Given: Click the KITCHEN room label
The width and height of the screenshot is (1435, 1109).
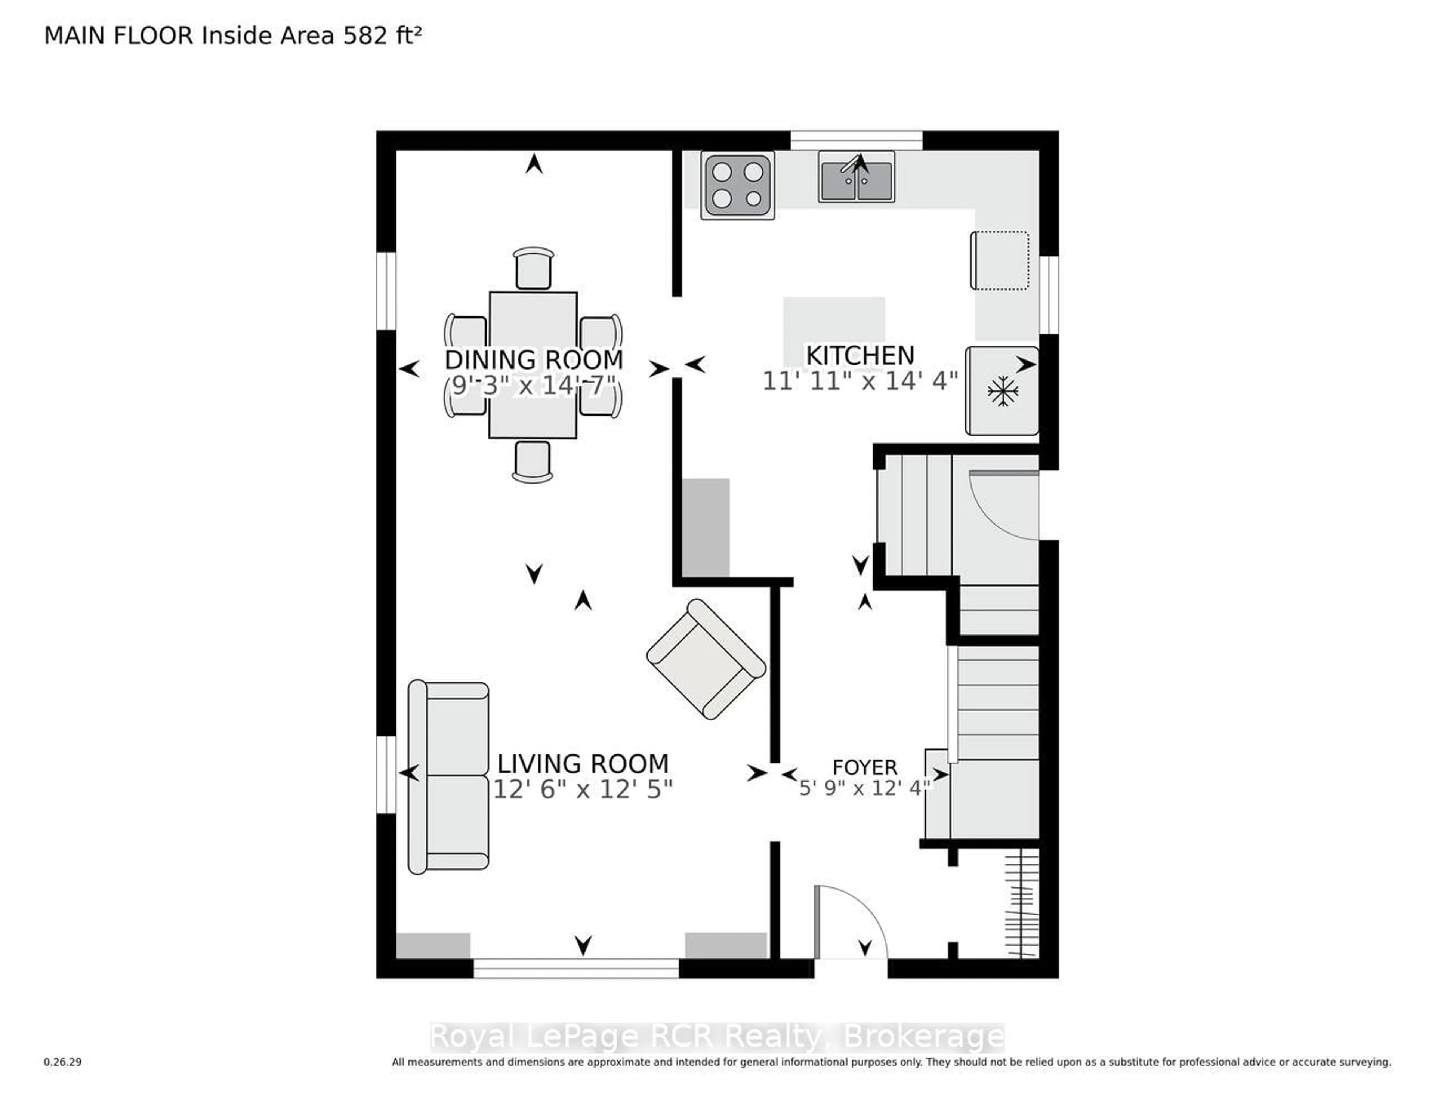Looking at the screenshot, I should click(860, 355).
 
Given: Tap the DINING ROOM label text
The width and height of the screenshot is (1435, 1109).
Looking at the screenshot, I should click(534, 360).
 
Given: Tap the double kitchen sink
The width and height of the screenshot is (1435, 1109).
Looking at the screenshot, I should click(855, 177).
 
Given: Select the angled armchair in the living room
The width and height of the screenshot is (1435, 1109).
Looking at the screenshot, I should click(706, 658).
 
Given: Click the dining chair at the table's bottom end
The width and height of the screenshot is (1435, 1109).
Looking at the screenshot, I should click(532, 461).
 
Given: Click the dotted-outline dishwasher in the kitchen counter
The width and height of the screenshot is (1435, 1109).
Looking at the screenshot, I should click(999, 260).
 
